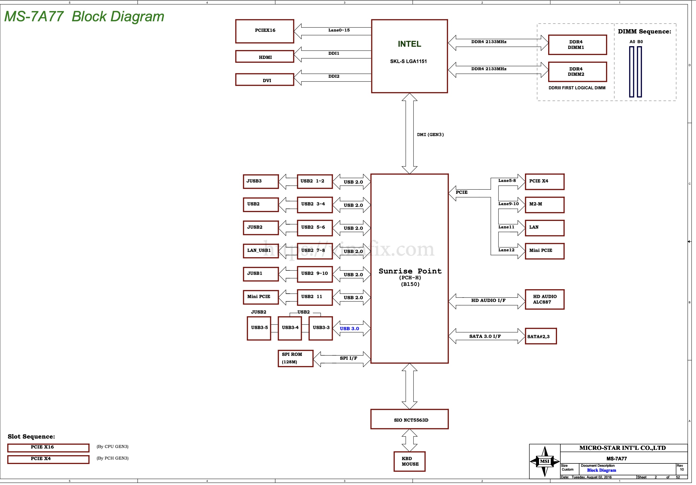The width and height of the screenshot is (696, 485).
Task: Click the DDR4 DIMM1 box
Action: [x=577, y=45]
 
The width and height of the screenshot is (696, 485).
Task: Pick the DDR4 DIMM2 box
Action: [x=577, y=72]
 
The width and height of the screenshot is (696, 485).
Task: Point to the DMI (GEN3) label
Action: [x=430, y=134]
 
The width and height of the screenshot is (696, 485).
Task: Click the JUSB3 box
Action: [x=261, y=181]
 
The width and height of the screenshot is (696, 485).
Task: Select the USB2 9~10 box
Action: [x=315, y=274]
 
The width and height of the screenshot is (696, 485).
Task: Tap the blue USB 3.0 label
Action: [x=349, y=328]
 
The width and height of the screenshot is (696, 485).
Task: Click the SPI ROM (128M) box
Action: [x=295, y=358]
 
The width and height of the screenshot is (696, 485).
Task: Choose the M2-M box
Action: [x=545, y=205]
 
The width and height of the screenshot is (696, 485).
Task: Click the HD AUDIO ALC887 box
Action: [x=545, y=299]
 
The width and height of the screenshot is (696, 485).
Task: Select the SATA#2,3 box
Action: [x=540, y=336]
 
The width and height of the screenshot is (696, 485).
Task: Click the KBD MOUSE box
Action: [x=409, y=461]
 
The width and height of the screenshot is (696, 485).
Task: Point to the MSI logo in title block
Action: [x=545, y=461]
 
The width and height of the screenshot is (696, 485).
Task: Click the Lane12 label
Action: [x=506, y=250]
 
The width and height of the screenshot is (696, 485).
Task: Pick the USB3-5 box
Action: [x=259, y=328]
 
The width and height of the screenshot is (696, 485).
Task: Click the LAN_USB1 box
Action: [x=261, y=251]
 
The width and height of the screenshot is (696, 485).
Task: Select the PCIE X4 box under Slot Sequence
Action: [x=48, y=459]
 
